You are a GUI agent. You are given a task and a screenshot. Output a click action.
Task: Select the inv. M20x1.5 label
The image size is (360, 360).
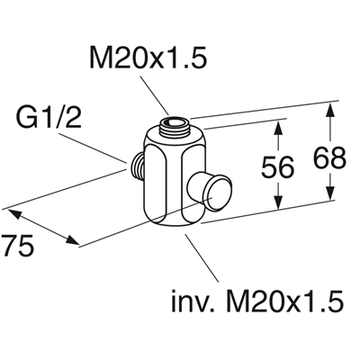pyautogui.click(x=257, y=300)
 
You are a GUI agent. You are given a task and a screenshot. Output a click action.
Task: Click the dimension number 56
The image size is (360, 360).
pyautogui.click(x=277, y=167)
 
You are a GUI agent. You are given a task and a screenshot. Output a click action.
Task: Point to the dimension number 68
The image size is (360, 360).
pyautogui.click(x=329, y=157)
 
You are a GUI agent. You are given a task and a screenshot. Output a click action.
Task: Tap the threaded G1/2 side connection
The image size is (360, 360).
pyautogui.click(x=138, y=165)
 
